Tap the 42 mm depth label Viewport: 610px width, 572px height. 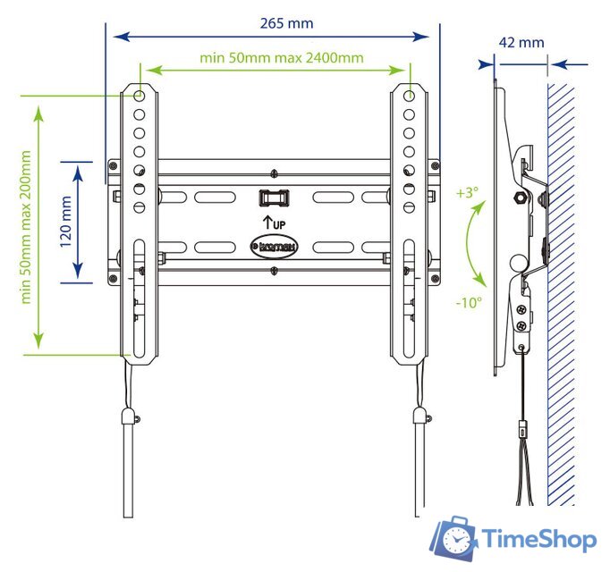click(521, 42)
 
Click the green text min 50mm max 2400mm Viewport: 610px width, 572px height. click(282, 58)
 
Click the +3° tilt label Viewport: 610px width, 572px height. click(467, 192)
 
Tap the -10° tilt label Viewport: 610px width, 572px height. click(469, 302)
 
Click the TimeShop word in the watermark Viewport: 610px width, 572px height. click(539, 539)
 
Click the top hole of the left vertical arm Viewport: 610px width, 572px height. click(140, 95)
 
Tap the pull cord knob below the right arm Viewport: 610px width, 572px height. click(419, 416)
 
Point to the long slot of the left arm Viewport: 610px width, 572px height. click(140, 295)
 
